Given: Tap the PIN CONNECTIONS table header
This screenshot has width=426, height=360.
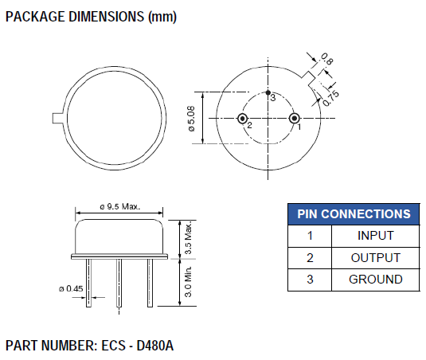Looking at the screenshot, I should [354, 214].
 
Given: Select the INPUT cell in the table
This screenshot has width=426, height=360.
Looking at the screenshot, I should [375, 236].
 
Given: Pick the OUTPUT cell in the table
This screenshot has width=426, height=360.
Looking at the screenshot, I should [375, 258].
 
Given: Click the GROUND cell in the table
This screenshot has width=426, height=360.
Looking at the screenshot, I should [375, 280].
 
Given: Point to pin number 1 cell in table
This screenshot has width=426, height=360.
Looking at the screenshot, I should [310, 236].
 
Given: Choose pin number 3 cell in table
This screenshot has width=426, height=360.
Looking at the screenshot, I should [310, 280].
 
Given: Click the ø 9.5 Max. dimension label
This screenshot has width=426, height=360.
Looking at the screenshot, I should [119, 206].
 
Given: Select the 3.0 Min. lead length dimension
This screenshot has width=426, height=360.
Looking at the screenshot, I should [188, 280].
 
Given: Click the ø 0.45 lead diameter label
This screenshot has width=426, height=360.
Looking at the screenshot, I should [69, 288].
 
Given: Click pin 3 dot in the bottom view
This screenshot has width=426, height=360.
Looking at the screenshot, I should [268, 93].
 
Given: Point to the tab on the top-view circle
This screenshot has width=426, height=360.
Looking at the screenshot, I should [57, 119].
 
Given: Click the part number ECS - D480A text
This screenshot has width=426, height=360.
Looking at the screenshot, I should [89, 346].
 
